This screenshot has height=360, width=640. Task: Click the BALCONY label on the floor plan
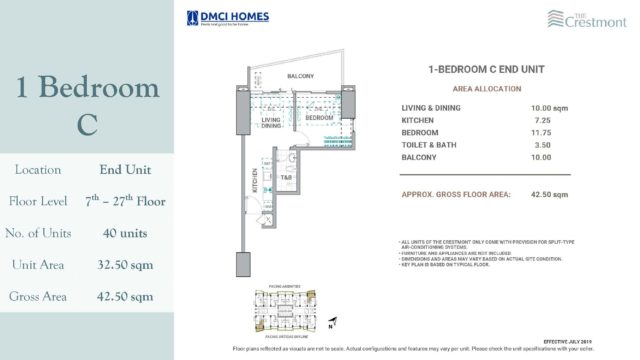click(x=301, y=76)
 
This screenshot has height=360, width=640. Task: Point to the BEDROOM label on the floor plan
click(x=319, y=118)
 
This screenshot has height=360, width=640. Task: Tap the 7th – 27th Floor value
click(x=125, y=201)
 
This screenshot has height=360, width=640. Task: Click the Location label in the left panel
click(x=35, y=170)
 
